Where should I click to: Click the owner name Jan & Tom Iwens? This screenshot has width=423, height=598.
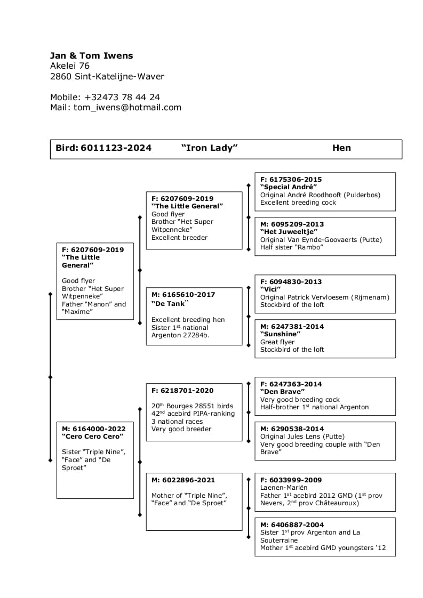(x=91, y=55)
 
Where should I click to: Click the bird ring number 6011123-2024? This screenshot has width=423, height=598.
(x=116, y=148)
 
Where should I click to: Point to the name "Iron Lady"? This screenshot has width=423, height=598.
(x=209, y=148)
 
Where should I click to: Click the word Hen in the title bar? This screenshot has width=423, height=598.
(x=341, y=148)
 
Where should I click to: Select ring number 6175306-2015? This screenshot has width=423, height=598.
(x=296, y=180)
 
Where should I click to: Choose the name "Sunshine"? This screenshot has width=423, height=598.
(x=280, y=334)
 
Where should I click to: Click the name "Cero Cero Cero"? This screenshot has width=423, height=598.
(x=92, y=437)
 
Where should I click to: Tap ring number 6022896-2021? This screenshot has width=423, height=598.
(x=188, y=480)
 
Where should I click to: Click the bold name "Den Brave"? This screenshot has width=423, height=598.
(x=282, y=392)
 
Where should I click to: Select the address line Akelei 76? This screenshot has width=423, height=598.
(x=70, y=66)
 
